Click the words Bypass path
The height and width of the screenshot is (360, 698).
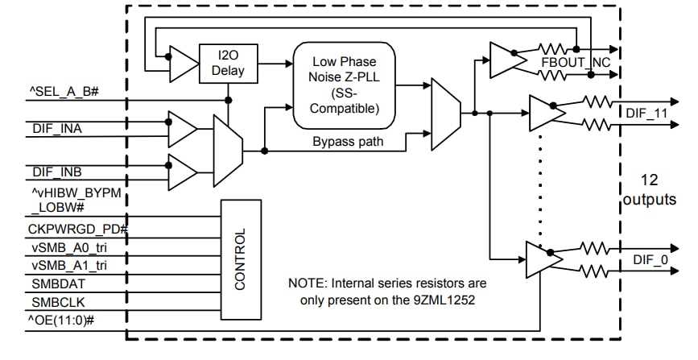tap(346, 142)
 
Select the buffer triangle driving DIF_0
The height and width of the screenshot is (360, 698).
tap(543, 259)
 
